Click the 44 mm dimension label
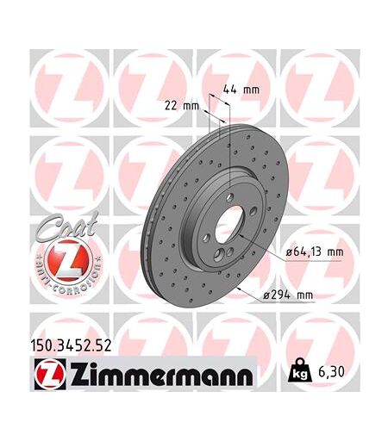(241, 90)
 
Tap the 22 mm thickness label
(182, 106)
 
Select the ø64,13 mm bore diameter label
(315, 252)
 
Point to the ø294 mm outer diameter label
(288, 295)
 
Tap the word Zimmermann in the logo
(161, 375)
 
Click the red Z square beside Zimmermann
(50, 374)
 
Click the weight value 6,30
(331, 372)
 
